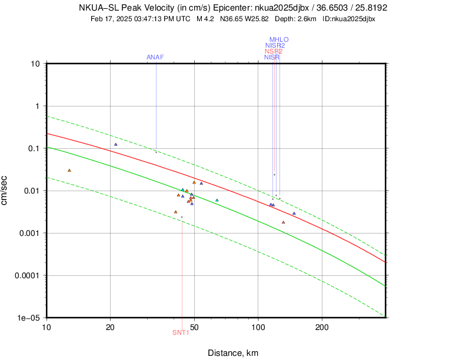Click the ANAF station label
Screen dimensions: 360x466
155,57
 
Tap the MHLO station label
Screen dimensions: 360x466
279,40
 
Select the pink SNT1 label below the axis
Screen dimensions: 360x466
181,333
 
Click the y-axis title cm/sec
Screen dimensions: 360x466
5,191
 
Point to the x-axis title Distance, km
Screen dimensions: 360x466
233,353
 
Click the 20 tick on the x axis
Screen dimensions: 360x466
111,326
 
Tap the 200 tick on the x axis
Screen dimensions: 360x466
322,326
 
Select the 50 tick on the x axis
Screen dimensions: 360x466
194,326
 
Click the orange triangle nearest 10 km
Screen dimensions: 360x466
69,171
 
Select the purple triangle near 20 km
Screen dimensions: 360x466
116,144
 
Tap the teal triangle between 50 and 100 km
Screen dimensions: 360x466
217,200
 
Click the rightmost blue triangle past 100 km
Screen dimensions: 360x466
294,214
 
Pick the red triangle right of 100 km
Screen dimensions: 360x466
284,222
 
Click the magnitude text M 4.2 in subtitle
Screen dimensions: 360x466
205,19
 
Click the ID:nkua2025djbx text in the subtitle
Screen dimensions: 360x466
349,19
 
